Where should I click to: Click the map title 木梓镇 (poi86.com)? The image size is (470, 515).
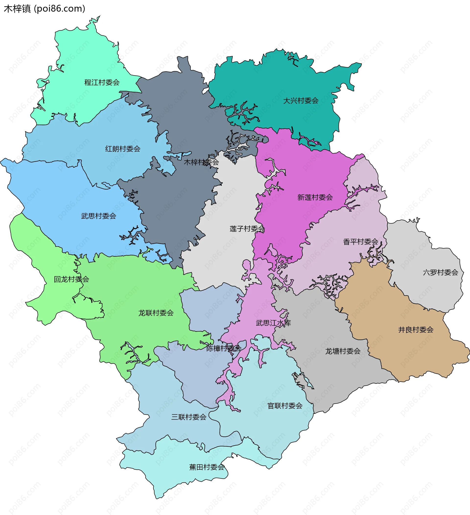[44, 9]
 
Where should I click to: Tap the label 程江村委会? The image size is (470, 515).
[102, 82]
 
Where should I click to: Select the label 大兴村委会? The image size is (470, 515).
[301, 101]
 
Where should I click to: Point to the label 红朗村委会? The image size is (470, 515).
[123, 149]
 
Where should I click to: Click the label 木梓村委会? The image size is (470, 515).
[201, 162]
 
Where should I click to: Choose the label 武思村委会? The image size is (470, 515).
[98, 216]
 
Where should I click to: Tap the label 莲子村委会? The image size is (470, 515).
[247, 229]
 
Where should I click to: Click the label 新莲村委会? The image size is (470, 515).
[315, 197]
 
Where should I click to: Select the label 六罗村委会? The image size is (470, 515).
[440, 272]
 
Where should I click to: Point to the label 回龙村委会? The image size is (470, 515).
[71, 279]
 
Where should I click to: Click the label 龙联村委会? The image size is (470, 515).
[156, 313]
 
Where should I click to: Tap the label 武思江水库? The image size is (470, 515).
[273, 323]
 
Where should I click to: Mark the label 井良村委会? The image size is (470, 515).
[416, 330]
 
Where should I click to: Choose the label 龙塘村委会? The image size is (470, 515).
[342, 351]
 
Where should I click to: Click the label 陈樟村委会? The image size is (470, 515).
[224, 348]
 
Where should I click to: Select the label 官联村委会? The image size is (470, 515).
[285, 406]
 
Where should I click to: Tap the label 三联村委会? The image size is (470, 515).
[189, 417]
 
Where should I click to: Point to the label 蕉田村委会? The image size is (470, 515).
[207, 467]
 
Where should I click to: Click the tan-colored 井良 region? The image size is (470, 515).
[398, 353]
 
